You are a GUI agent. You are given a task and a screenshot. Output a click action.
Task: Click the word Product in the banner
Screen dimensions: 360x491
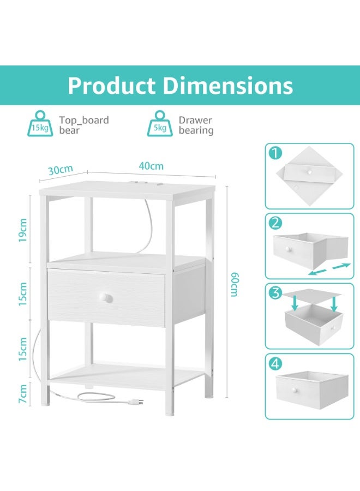[x=112, y=86]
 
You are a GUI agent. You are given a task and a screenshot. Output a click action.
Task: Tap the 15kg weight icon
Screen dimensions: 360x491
[x=40, y=124]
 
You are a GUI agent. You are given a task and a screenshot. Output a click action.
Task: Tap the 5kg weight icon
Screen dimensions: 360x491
[x=160, y=124]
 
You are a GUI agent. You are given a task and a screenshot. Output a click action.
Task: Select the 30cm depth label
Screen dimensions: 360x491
[x=61, y=170]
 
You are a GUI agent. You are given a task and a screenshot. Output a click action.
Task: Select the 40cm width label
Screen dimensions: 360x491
[x=151, y=166]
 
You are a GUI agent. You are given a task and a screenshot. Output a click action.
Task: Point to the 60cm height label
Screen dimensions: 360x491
[x=235, y=284]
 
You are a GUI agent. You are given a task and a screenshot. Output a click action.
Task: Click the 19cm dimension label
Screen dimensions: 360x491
[x=22, y=230]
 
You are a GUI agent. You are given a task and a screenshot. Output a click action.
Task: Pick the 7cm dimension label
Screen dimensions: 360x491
[x=22, y=394]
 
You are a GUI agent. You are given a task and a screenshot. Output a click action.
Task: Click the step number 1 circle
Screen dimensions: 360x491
[x=275, y=153]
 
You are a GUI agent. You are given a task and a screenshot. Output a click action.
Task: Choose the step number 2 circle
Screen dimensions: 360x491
[x=275, y=223]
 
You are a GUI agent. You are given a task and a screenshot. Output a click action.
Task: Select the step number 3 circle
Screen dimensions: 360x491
[x=275, y=293]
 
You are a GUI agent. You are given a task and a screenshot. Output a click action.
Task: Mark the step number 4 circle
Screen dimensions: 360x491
[x=275, y=363]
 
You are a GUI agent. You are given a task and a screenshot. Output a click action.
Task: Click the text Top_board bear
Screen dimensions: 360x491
[x=84, y=125]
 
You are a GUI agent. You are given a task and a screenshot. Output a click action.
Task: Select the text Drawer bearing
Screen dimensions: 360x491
[x=196, y=125]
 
